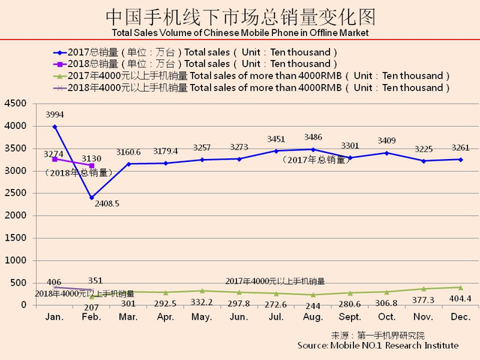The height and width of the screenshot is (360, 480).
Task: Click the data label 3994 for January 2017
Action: pyautogui.click(x=54, y=115)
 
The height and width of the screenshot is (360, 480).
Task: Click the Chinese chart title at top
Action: pyautogui.click(x=239, y=17)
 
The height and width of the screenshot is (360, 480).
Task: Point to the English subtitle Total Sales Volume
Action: pyautogui.click(x=239, y=34)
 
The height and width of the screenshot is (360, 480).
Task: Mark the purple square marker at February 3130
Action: pyautogui.click(x=91, y=166)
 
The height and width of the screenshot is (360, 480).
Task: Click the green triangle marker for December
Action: pyautogui.click(x=460, y=287)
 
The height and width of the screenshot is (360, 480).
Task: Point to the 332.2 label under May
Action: pyautogui.click(x=202, y=301)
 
